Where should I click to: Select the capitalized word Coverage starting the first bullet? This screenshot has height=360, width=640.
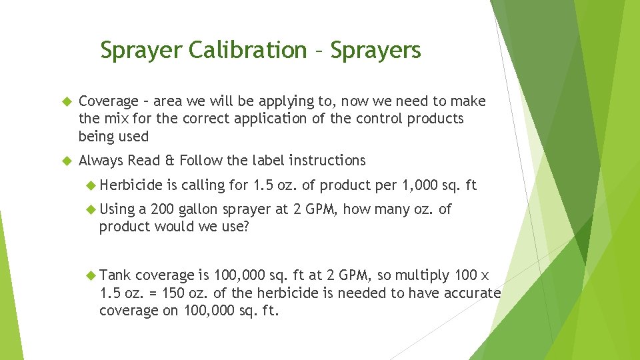(108, 101)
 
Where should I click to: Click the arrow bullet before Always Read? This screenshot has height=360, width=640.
(66, 161)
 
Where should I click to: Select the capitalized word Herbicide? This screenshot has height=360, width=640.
(134, 185)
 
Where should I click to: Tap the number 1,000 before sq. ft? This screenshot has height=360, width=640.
(417, 185)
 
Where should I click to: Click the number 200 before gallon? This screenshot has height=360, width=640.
(163, 209)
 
